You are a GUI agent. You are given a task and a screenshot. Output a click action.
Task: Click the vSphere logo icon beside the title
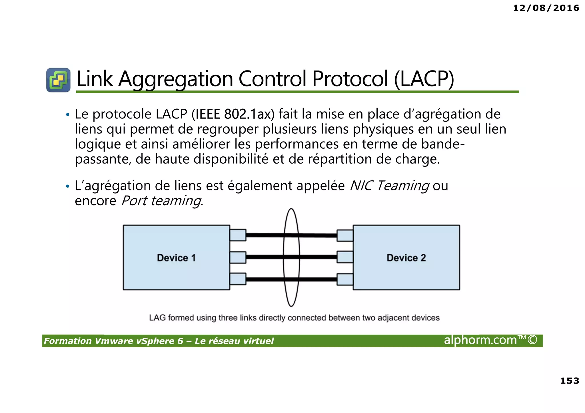pos(58,80)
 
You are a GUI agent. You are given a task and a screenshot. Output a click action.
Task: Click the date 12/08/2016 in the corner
pos(546,8)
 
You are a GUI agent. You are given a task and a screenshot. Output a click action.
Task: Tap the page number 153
pos(569,380)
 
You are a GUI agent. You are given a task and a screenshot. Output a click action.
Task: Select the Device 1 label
pos(176,258)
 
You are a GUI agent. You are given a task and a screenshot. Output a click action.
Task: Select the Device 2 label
pos(406,258)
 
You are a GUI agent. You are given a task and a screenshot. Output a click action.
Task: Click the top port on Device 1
pos(238,235)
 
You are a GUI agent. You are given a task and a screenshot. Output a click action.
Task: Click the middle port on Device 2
pos(345,257)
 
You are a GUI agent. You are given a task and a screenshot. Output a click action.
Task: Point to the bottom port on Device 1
pos(238,279)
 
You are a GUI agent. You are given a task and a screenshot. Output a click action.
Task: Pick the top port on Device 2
pos(345,235)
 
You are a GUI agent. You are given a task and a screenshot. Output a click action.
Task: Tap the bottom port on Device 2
pos(345,279)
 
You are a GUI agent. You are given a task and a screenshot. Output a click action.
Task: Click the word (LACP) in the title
pos(424,79)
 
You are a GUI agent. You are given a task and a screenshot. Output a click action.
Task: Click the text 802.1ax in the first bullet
pos(247,114)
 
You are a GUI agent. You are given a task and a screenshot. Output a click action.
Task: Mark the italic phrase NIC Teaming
pos(389,186)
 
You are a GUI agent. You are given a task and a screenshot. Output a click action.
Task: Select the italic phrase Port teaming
pos(161,201)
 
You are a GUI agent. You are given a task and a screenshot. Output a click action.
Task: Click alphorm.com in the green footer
pos(480,340)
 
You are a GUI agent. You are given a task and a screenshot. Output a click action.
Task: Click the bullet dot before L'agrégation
pos(67,186)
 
